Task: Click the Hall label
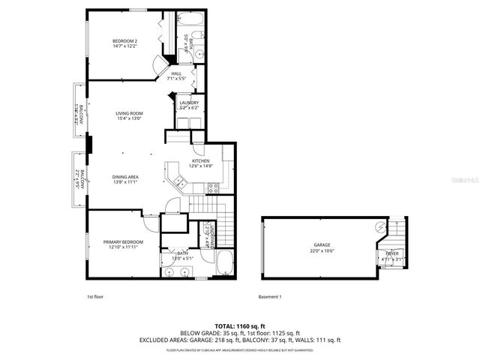[177, 73]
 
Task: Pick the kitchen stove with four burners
[213, 187]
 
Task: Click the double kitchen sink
[179, 180]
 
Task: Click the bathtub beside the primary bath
[224, 262]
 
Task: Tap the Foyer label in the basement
[392, 254]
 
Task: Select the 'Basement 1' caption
[269, 297]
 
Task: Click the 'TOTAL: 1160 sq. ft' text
[240, 326]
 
